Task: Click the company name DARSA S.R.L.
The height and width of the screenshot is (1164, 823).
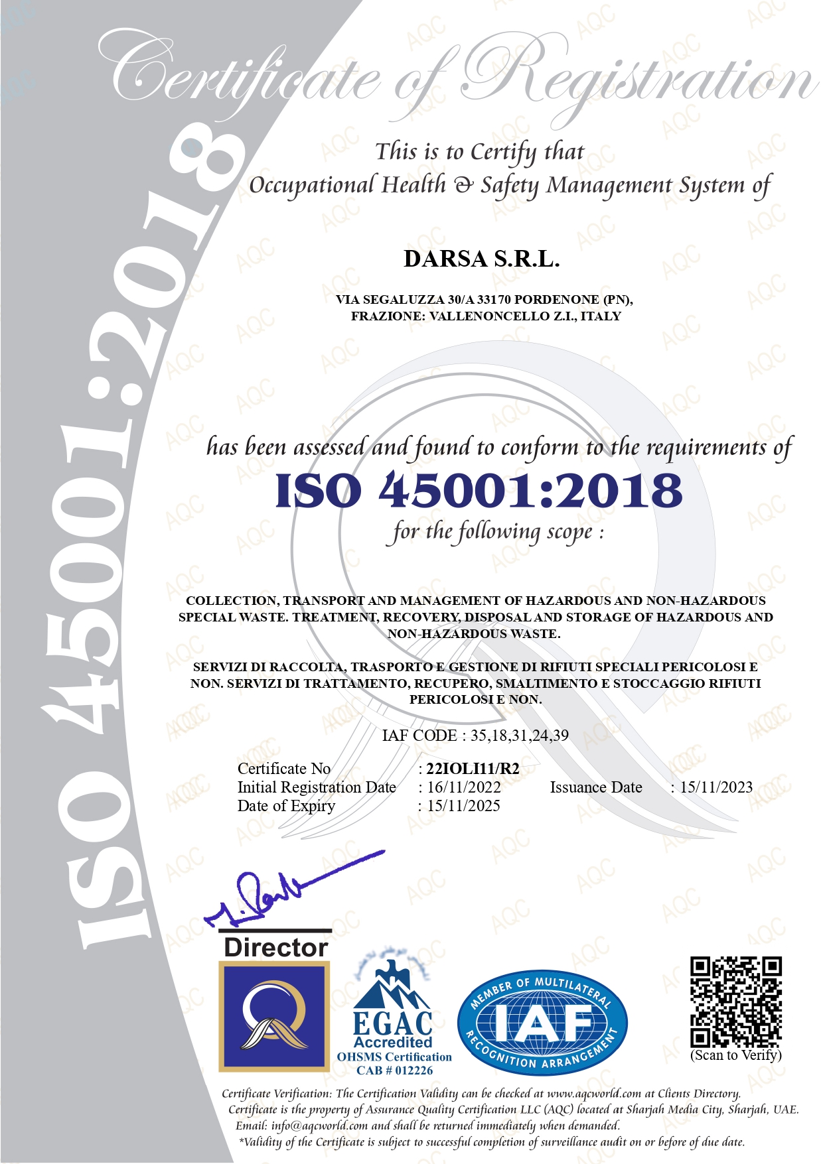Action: pos(481,259)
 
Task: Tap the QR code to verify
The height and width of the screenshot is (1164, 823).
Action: pos(735,1002)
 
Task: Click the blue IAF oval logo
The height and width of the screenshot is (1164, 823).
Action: pos(542,1023)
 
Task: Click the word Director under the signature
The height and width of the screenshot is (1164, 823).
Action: pos(276,947)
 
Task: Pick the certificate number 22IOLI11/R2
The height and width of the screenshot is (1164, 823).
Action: pos(473,769)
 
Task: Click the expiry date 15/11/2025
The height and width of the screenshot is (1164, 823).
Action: pos(463,806)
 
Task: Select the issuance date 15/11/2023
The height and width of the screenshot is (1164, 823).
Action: pos(716,787)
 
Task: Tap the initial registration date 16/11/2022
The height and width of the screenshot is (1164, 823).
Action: pos(464,787)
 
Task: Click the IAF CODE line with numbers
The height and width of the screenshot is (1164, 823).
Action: pos(475,736)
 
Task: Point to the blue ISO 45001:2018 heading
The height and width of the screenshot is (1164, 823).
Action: pos(479,491)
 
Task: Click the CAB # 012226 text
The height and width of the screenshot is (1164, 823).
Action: pos(394,1070)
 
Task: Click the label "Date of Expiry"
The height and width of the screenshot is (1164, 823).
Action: pos(286,806)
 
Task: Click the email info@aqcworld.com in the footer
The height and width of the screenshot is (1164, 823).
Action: pos(319,1126)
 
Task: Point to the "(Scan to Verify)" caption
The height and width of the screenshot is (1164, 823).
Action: pos(736,1055)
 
